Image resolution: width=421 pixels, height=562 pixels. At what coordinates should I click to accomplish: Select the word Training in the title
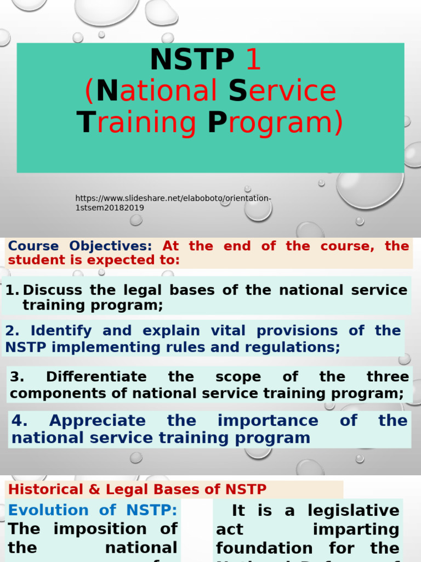tap(136, 122)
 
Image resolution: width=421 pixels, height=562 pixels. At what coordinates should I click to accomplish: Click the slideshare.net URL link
tap(173, 203)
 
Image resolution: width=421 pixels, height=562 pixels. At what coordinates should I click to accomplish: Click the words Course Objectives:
tap(80, 246)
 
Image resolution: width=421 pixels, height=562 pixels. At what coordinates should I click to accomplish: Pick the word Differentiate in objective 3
tap(96, 376)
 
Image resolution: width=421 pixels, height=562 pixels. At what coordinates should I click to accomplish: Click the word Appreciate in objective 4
tap(98, 420)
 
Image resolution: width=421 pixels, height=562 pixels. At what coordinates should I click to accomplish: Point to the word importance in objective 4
tap(268, 420)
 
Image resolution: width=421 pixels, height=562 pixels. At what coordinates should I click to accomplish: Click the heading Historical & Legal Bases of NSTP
tap(137, 489)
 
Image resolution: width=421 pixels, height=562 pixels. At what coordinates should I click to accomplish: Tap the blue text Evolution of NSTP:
tap(93, 510)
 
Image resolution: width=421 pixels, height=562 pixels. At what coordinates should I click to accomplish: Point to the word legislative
tap(354, 510)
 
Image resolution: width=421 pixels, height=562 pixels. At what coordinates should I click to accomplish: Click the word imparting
tap(356, 529)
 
